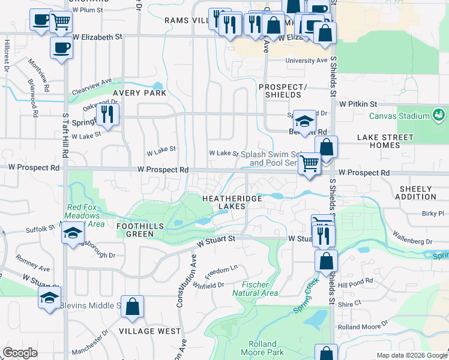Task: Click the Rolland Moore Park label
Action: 266,349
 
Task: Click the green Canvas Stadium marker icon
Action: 439,115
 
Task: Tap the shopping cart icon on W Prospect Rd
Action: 309,163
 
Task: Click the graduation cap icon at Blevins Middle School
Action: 49,297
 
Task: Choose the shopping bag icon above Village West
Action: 133,306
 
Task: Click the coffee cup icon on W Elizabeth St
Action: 61,48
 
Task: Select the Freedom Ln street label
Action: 221,269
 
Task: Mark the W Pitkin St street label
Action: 357,103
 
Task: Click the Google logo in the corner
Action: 20,353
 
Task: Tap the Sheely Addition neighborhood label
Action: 418,193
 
